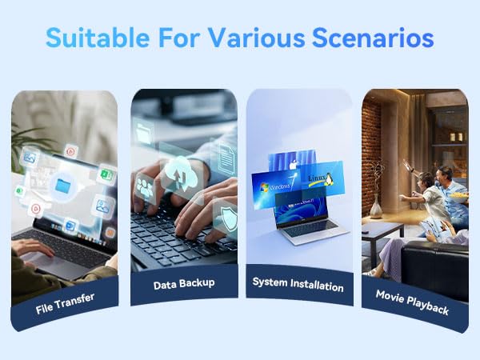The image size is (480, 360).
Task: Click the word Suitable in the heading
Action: (x=98, y=38)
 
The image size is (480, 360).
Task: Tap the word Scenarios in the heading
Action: (x=373, y=38)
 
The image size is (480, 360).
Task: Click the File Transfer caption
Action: (x=65, y=303)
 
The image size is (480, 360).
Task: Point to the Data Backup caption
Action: (x=184, y=284)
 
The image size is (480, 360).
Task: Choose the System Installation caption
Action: (x=298, y=284)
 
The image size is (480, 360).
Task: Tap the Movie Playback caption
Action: (x=412, y=302)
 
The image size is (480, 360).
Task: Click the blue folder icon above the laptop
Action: (x=63, y=186)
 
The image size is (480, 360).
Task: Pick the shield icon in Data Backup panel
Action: (x=230, y=218)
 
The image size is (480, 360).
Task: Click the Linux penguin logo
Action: (x=328, y=179)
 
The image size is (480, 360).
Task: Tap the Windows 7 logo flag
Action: (x=264, y=187)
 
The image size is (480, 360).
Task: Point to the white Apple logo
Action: (x=293, y=164)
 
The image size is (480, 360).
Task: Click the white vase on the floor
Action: (x=376, y=207)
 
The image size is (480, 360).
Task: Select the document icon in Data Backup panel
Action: (x=226, y=158)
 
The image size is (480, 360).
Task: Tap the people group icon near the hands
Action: (x=145, y=189)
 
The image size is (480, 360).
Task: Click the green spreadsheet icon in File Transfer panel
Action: (x=106, y=175)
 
